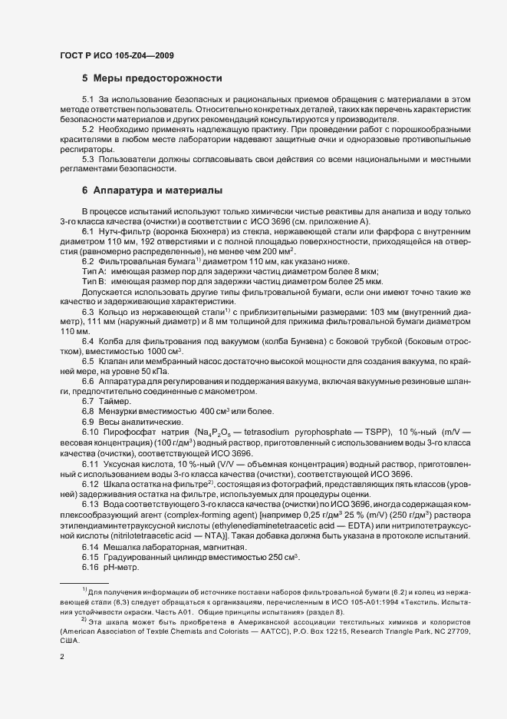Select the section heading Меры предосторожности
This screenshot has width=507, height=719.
[x=157, y=78]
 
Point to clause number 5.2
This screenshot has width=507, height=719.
[x=88, y=130]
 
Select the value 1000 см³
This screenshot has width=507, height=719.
[x=153, y=350]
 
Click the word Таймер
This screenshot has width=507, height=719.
[x=114, y=402]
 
